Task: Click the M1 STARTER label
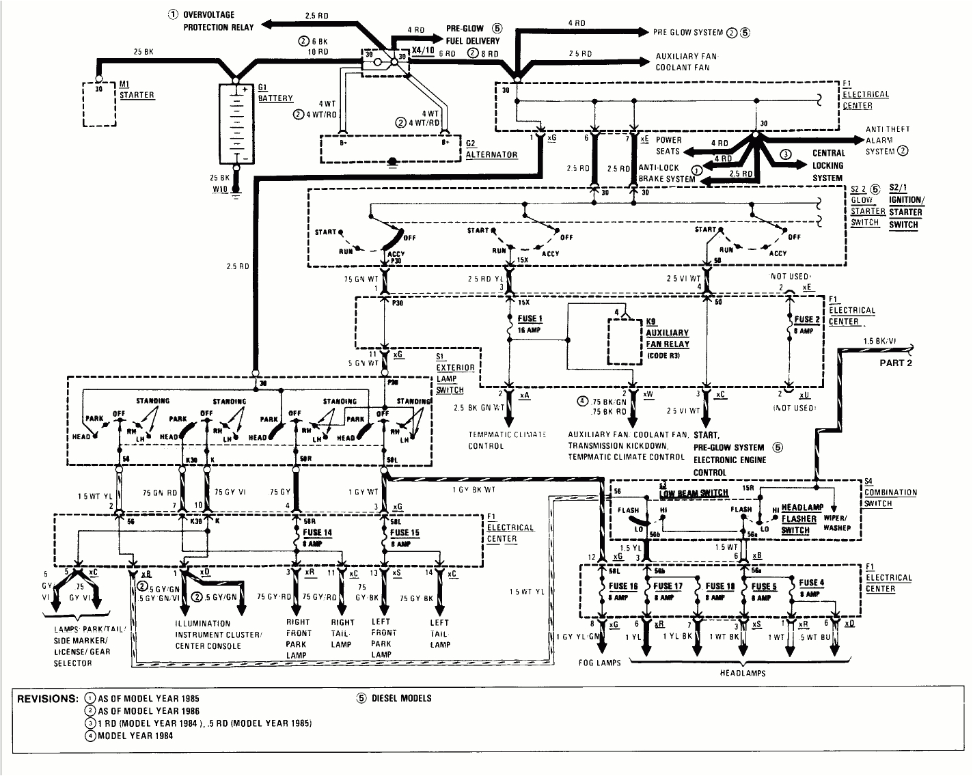coord(136,89)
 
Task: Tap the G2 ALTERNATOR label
coord(491,149)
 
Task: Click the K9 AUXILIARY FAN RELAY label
coord(666,338)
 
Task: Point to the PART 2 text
coord(895,363)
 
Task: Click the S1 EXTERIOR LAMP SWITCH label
coord(450,373)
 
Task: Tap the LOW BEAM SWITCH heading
coord(694,493)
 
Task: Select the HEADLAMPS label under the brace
coord(743,673)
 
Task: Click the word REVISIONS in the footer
coord(46,699)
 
